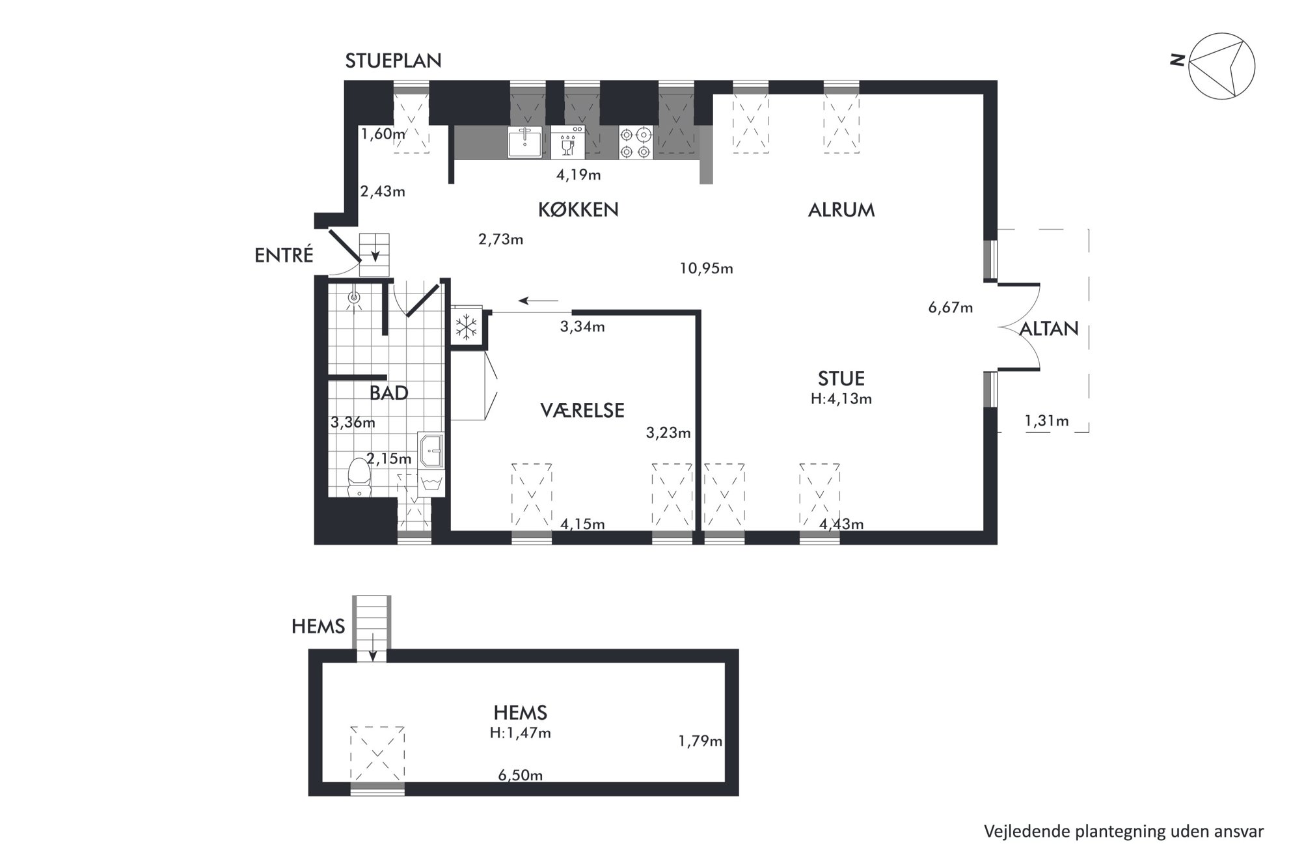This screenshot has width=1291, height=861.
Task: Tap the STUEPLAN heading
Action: coord(393,61)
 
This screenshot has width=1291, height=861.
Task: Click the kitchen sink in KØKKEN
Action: coord(524,142)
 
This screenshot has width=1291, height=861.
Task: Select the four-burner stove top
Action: coord(636,143)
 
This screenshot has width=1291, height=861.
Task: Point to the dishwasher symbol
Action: coord(567,143)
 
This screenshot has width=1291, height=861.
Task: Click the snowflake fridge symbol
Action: coord(466,327)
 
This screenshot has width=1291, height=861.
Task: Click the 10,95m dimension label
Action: coord(706,268)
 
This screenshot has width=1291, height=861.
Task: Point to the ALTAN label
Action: coord(1049,329)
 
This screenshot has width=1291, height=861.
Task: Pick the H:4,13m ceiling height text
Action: coord(841,399)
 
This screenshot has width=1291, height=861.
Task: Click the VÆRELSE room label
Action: coord(582,410)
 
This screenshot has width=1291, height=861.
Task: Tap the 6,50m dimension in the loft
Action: coord(520,775)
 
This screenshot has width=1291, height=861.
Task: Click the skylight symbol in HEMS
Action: coord(377,754)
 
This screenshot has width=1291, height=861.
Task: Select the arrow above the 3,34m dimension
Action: coord(539,301)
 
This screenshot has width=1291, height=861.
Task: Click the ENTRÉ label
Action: coord(284,255)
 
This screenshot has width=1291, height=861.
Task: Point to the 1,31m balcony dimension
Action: coord(1046,421)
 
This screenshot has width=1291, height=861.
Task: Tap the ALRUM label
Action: coord(841,210)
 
